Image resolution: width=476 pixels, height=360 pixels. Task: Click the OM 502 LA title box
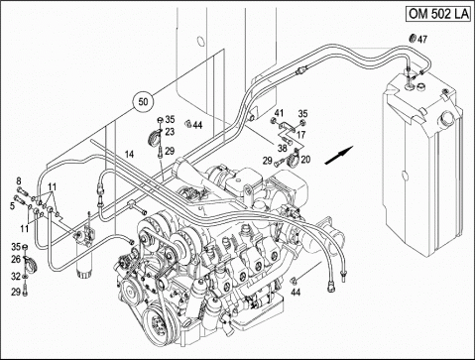pyautogui.click(x=438, y=14)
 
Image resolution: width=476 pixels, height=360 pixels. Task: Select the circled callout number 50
pyautogui.click(x=143, y=101)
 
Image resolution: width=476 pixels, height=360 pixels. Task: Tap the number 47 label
pyautogui.click(x=422, y=40)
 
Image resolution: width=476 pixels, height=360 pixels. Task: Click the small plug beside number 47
pyautogui.click(x=413, y=39)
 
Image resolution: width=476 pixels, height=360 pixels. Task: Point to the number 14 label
pyautogui.click(x=129, y=154)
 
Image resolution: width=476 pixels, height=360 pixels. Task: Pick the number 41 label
pyautogui.click(x=280, y=113)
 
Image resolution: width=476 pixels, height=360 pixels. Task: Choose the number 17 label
pyautogui.click(x=301, y=135)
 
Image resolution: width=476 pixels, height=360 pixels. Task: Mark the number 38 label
pyautogui.click(x=282, y=148)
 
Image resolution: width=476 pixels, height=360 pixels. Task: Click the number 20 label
pyautogui.click(x=305, y=160)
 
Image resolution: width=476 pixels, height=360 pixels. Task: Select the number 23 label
pyautogui.click(x=170, y=132)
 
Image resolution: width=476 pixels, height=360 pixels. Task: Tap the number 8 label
pyautogui.click(x=19, y=180)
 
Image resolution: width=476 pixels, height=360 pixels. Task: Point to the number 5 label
pyautogui.click(x=12, y=206)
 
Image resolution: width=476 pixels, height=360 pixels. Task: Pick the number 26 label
pyautogui.click(x=16, y=260)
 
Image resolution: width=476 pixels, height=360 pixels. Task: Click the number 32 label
pyautogui.click(x=16, y=276)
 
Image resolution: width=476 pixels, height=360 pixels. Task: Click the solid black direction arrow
pyautogui.click(x=339, y=155)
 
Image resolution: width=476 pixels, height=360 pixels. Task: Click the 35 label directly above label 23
pyautogui.click(x=170, y=119)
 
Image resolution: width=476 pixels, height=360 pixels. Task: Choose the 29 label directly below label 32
pyautogui.click(x=16, y=292)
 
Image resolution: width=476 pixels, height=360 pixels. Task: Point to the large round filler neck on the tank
pyautogui.click(x=447, y=117)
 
